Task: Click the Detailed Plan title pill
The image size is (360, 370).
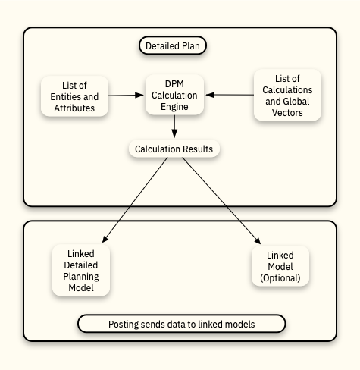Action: click(x=173, y=45)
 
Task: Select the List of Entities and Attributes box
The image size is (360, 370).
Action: click(x=74, y=96)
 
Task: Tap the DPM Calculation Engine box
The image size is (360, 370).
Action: click(x=174, y=95)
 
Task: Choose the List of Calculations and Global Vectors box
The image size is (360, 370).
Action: click(x=287, y=96)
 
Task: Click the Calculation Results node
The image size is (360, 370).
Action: click(x=174, y=149)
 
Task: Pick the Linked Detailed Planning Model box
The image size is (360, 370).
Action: click(x=81, y=270)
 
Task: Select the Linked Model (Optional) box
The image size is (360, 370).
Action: click(x=280, y=266)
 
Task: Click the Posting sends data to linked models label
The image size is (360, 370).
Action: click(x=182, y=324)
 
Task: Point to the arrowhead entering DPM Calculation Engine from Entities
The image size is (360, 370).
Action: click(x=139, y=95)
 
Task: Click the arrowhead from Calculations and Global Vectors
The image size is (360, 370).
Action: click(x=210, y=95)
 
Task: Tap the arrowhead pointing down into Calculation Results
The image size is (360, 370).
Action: click(x=174, y=133)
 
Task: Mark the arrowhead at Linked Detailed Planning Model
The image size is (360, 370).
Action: click(x=105, y=239)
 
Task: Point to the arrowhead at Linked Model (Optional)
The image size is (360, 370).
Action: click(x=258, y=240)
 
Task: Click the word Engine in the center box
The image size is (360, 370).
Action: click(x=174, y=107)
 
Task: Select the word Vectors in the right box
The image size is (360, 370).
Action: click(x=287, y=113)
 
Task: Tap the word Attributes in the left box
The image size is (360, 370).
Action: click(x=74, y=108)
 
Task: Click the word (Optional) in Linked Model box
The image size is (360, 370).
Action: click(x=280, y=278)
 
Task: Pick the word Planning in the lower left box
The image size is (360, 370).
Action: click(x=81, y=277)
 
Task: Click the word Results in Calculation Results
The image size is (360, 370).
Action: click(x=198, y=149)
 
